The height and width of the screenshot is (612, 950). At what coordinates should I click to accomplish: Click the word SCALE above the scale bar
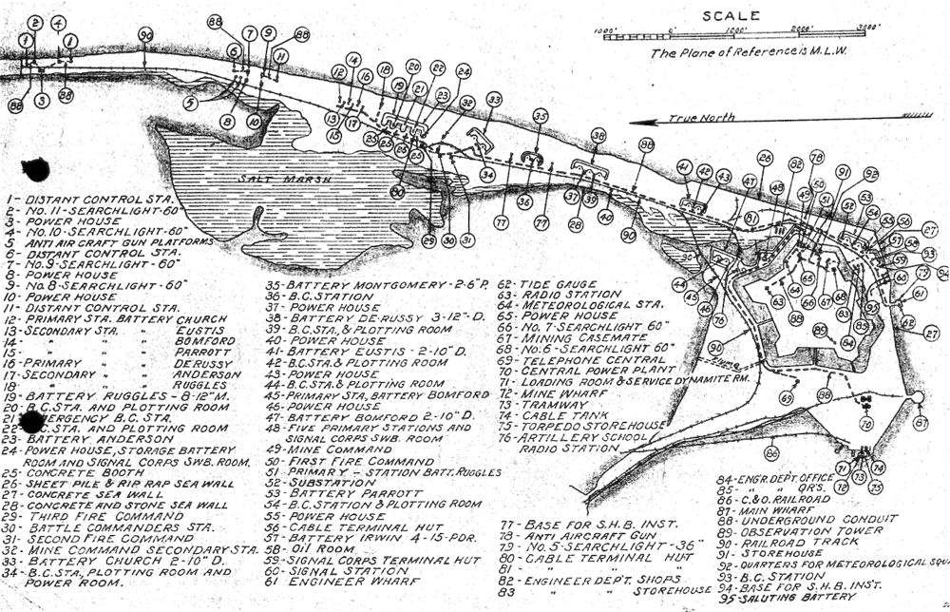[730, 15]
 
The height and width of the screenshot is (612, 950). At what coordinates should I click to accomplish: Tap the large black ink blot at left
[35, 171]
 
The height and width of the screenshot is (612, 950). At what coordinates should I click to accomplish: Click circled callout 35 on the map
[541, 116]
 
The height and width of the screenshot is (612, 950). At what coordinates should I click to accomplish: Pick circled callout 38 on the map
[598, 136]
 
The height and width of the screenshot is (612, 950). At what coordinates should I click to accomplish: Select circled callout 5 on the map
[191, 102]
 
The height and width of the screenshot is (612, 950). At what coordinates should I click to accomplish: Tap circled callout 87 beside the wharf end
[918, 423]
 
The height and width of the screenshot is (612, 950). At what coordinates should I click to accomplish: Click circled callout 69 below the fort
[786, 398]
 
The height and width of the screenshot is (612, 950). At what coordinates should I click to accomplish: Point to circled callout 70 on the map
[864, 423]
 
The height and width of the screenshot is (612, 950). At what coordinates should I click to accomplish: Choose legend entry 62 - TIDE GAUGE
[551, 284]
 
